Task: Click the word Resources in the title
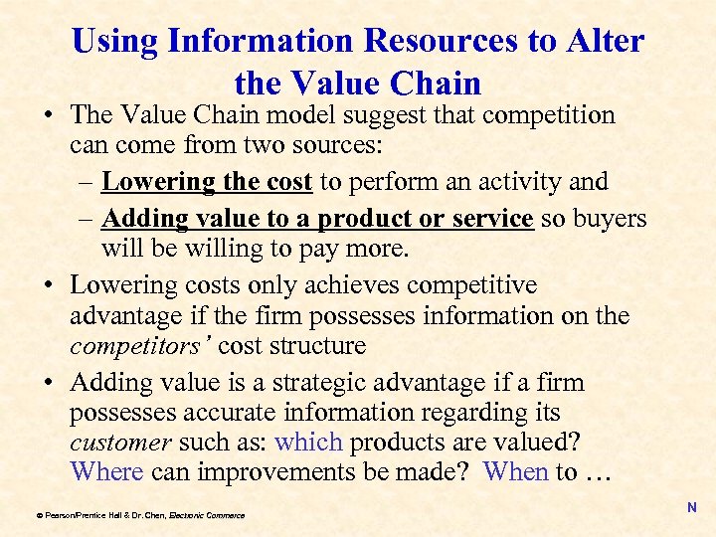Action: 431,42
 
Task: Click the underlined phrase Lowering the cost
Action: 207,182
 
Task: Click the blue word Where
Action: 107,471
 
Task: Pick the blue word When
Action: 516,471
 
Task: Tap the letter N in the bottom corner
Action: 692,508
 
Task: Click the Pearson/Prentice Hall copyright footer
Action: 139,515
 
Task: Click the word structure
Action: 318,346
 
